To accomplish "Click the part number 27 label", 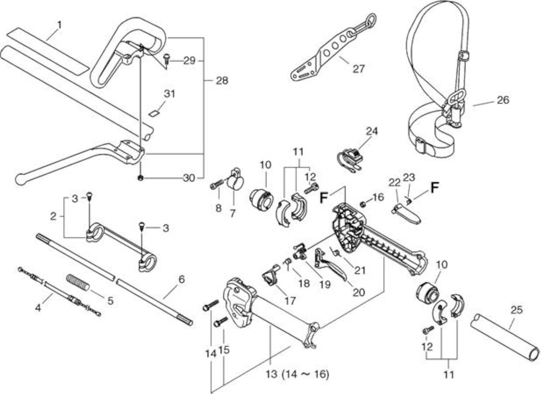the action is point(358,69).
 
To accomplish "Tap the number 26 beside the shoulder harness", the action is point(503,100).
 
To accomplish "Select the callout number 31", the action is point(169,94).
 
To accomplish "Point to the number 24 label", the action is point(372,131).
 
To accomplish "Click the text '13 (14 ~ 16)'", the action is point(298,375).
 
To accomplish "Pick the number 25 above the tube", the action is point(516,310).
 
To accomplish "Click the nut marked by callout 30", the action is point(140,178).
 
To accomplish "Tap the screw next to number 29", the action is point(167,59).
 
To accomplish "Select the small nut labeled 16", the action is point(363,204).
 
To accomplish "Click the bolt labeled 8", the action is point(217,185).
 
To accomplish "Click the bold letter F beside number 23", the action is point(434,188).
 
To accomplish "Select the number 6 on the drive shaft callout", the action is point(182,279).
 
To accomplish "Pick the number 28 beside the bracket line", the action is point(222,80).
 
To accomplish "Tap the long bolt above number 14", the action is point(211,305).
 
